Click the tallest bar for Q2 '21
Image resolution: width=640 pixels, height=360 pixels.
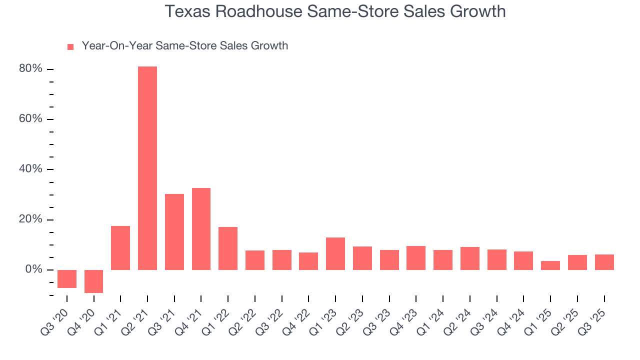coord(147,168)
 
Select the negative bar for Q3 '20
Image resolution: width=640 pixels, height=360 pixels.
coord(67,279)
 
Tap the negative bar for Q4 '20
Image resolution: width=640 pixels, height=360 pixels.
coord(93,281)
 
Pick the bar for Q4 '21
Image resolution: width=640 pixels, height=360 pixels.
coord(201,229)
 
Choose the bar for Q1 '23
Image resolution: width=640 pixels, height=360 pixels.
coord(335,253)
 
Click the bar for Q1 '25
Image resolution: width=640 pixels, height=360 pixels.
coord(550,265)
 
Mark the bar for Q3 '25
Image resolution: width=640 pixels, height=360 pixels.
coord(604,262)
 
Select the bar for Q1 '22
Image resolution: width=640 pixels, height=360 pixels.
coord(228,248)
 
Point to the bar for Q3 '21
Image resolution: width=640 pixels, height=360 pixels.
coord(174,232)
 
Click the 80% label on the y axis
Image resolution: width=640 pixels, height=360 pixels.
coord(30,69)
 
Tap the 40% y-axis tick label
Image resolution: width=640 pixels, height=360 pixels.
coord(30,169)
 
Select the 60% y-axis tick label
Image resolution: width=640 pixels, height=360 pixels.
coord(30,119)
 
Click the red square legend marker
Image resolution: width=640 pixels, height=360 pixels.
coord(70,46)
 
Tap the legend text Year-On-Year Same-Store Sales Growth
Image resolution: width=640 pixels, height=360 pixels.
coord(184,46)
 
